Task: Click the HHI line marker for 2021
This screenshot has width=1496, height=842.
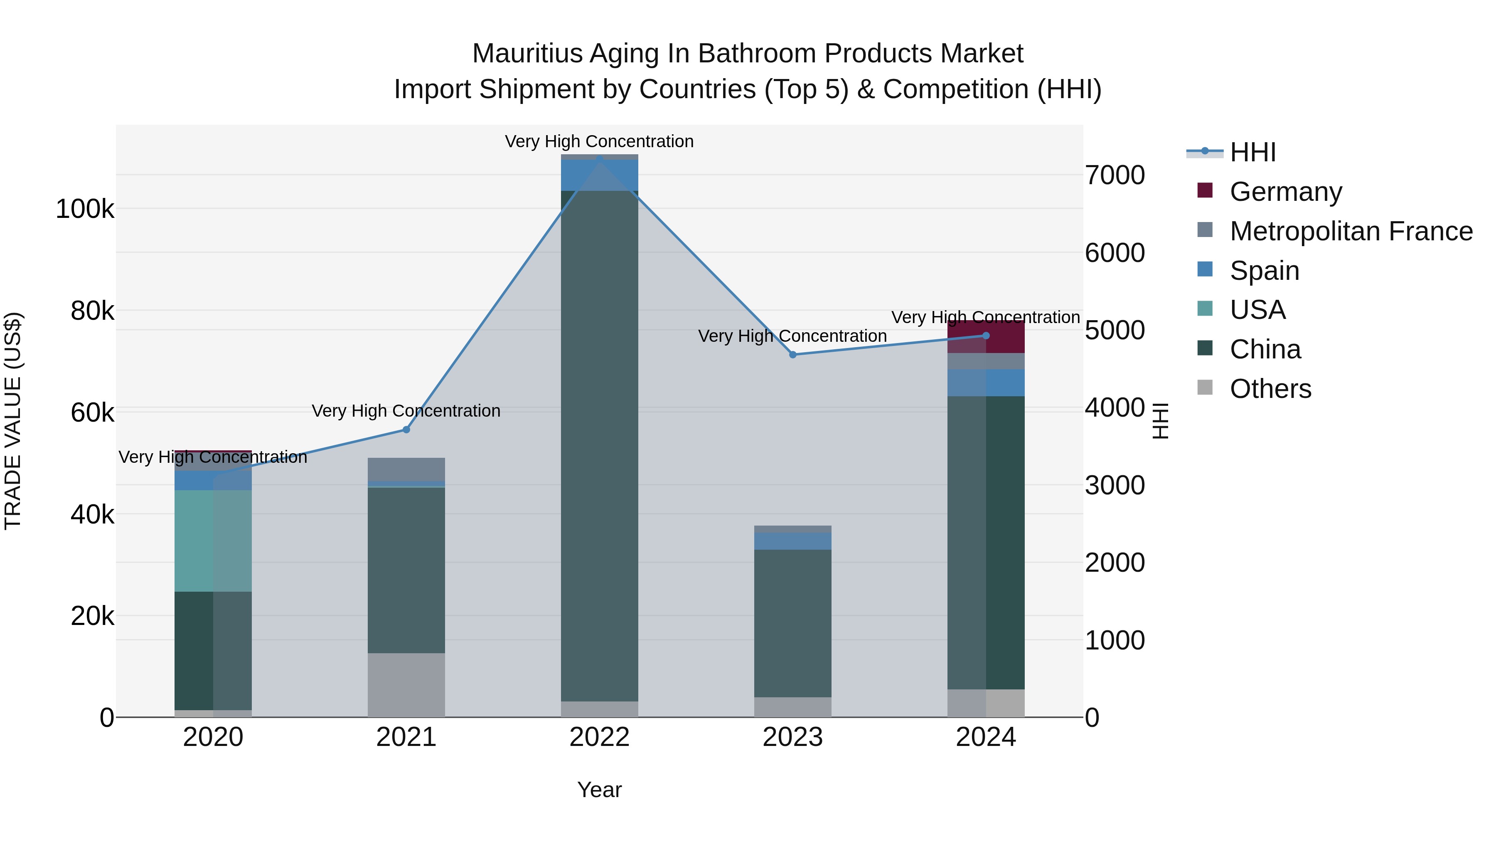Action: click(406, 430)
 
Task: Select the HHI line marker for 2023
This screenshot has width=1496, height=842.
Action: click(793, 354)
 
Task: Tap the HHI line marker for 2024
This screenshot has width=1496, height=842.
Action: click(986, 336)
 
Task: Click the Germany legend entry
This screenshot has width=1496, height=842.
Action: click(1285, 192)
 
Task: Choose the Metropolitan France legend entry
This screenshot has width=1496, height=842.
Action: click(1351, 231)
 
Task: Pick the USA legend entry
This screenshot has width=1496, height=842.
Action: click(1257, 310)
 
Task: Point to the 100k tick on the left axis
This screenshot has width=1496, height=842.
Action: click(85, 209)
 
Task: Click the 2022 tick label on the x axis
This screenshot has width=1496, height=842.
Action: click(599, 737)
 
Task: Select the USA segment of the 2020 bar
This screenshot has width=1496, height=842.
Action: click(213, 541)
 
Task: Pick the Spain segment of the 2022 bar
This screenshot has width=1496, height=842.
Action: click(599, 175)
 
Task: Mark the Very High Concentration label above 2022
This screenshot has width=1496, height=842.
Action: click(599, 142)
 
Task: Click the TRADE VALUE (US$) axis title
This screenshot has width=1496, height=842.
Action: click(13, 421)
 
